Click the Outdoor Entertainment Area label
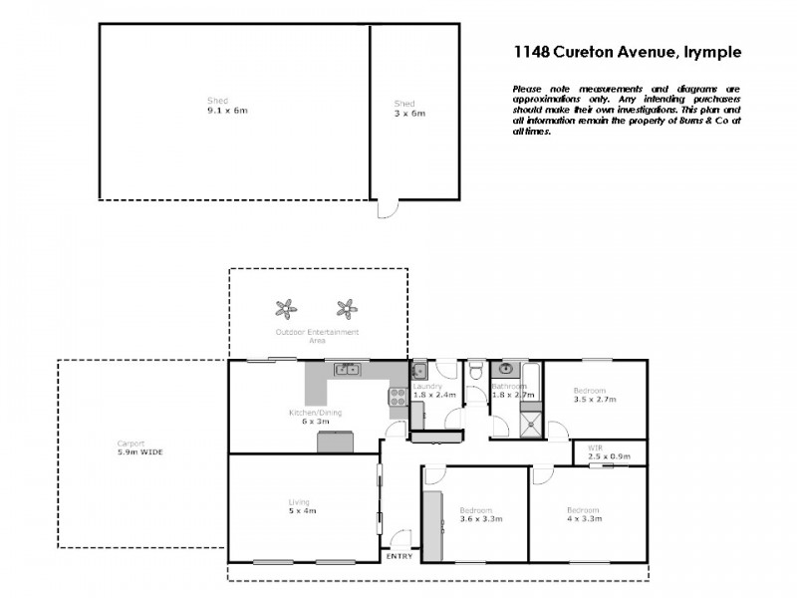coord(317,336)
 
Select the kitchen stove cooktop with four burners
coord(396,396)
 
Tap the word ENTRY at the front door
coord(399,556)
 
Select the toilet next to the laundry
coord(476,372)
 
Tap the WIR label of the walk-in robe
coord(596,448)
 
